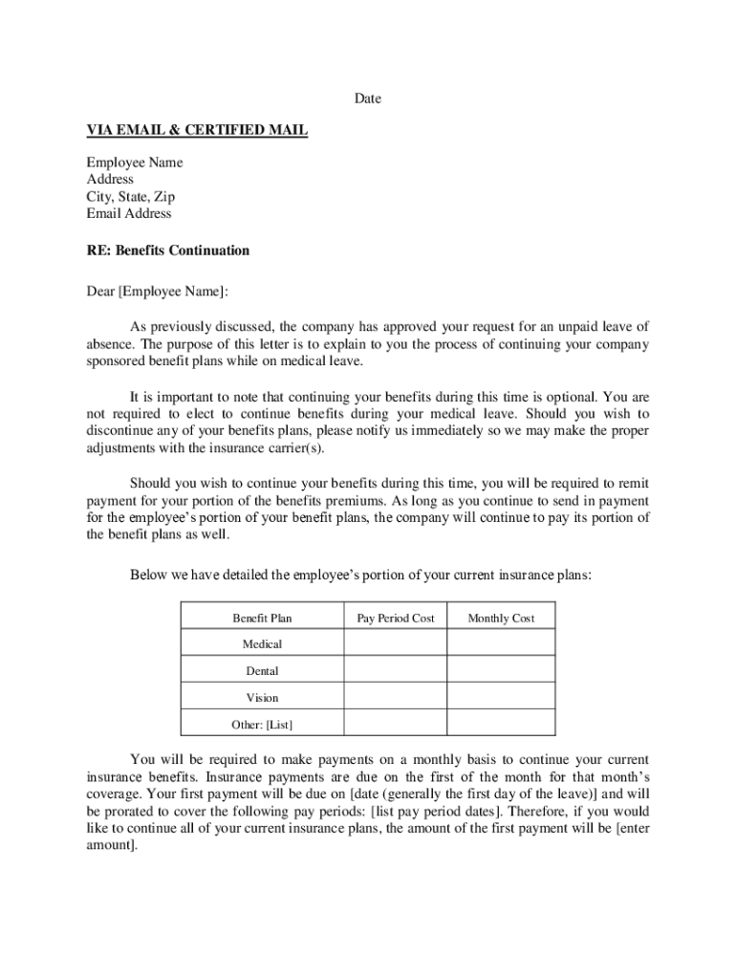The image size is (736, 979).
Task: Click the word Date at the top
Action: pos(368,98)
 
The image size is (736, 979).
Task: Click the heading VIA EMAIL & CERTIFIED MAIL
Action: pos(197,130)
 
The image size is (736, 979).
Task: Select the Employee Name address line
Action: pos(135,163)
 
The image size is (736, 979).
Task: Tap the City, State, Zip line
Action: pos(131,197)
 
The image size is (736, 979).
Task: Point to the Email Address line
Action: pos(129,213)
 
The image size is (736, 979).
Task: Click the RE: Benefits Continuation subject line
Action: pos(168,250)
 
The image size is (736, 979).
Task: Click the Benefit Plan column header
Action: pos(262,619)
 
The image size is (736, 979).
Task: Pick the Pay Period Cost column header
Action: pos(396,619)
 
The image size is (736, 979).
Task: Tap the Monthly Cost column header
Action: pos(501,619)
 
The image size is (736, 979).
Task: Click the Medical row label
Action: pos(262,644)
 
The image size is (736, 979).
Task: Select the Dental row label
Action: pos(262,671)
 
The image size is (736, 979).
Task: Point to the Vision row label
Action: pos(262,698)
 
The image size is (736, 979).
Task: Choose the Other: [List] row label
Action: pos(262,725)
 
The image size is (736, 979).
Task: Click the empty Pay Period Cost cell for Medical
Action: pos(396,643)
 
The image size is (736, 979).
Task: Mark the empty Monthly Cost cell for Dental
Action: pos(501,670)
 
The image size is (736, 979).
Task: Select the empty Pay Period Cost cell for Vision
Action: pos(396,697)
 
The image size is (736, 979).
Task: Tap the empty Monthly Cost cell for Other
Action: pos(501,724)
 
